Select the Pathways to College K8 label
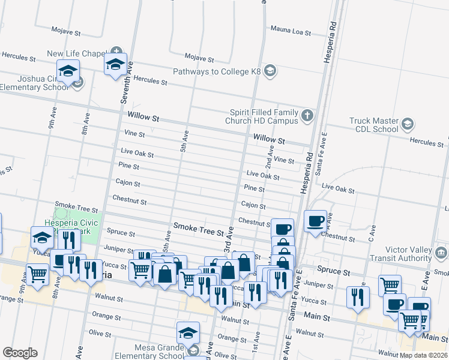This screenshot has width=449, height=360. click(x=217, y=71)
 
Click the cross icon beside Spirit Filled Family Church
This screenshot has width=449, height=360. click(x=307, y=115)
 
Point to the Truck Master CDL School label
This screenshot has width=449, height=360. click(x=374, y=124)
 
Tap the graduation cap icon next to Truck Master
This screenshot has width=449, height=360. click(x=408, y=124)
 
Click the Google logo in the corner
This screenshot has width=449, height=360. click(x=20, y=353)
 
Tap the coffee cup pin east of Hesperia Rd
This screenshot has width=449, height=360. click(x=315, y=221)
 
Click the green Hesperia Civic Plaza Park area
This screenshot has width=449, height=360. click(x=73, y=219)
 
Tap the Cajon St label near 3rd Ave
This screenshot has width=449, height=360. click(x=253, y=205)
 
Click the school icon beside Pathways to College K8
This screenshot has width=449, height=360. click(x=270, y=71)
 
